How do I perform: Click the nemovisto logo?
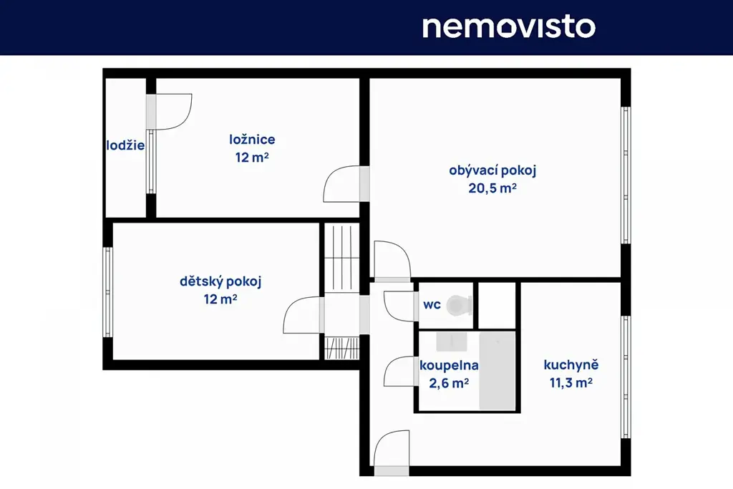[509, 27]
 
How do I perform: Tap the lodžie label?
[125, 145]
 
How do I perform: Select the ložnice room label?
[252, 140]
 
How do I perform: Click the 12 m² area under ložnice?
[252, 157]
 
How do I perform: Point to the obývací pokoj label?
[492, 170]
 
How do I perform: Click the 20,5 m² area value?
[492, 188]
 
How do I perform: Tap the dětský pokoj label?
[220, 282]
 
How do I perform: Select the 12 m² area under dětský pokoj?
[220, 299]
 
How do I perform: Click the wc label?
[432, 305]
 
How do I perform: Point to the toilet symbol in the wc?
[459, 305]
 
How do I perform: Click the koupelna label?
[449, 366]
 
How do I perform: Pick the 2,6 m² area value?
[449, 383]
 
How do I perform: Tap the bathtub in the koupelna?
[497, 371]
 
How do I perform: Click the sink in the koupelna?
[452, 342]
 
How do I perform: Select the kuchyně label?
[571, 365]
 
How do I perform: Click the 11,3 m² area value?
[571, 383]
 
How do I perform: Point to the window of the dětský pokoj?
[108, 292]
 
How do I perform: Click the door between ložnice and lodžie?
[169, 112]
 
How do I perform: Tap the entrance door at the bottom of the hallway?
[392, 452]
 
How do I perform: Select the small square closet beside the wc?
[497, 305]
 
